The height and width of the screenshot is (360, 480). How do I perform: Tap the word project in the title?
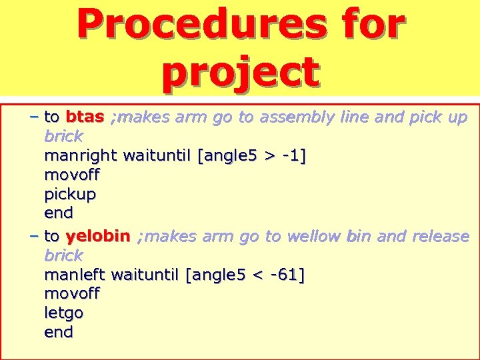click(x=240, y=72)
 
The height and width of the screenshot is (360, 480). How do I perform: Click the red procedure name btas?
click(x=85, y=117)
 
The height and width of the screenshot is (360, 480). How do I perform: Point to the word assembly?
click(x=297, y=117)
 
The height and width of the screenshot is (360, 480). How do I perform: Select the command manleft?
click(x=75, y=275)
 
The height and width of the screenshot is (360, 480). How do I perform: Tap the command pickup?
click(x=70, y=195)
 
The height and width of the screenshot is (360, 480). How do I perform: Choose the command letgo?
click(x=64, y=313)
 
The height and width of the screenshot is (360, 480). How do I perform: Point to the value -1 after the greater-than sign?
click(x=291, y=156)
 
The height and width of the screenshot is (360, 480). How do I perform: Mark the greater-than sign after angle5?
click(x=269, y=156)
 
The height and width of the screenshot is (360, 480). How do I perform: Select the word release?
click(x=441, y=236)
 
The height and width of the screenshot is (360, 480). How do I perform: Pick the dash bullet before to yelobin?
click(x=33, y=236)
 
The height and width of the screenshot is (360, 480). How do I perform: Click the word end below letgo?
click(x=59, y=332)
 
